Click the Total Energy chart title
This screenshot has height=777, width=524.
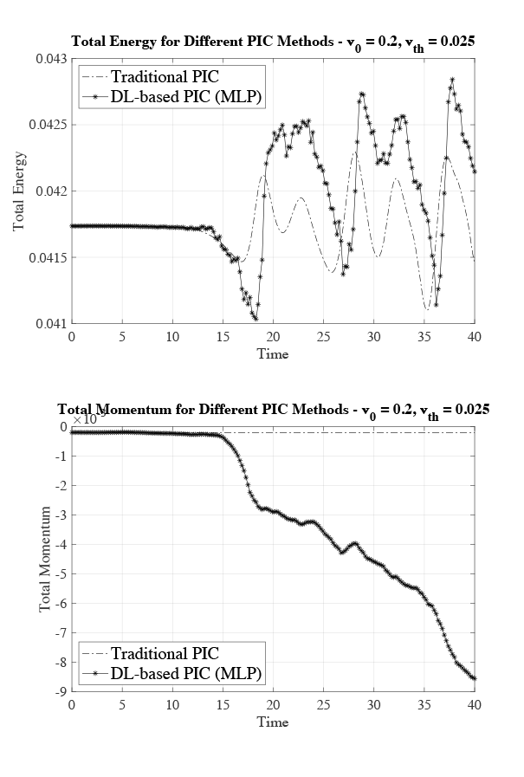[x=273, y=42]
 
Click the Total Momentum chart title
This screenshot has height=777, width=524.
[x=273, y=410]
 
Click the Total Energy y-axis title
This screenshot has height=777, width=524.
[x=20, y=191]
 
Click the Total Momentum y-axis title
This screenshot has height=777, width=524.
[x=45, y=560]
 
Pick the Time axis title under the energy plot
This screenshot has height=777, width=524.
[x=272, y=353]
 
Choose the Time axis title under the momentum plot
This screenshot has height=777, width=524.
[x=272, y=722]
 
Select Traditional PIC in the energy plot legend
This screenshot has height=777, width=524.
[x=165, y=76]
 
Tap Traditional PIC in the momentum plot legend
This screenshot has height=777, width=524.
[x=165, y=653]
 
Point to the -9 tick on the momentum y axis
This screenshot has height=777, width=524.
[x=61, y=691]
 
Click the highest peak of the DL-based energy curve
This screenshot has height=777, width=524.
[x=451, y=79]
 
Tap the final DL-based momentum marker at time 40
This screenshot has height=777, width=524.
[x=475, y=678]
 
